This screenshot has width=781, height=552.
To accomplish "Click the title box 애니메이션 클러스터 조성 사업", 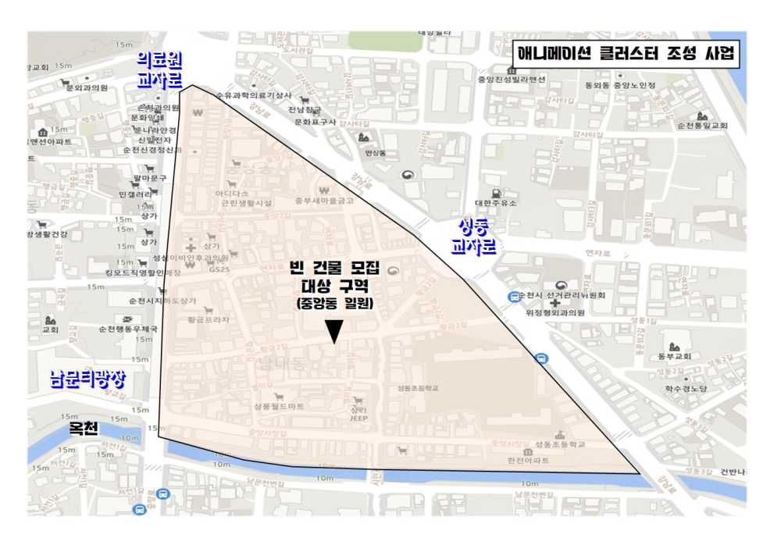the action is pos(624,54).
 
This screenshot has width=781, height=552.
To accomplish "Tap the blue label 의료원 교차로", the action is pos(159,69).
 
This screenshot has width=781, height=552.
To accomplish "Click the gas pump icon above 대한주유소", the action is pos(494,192).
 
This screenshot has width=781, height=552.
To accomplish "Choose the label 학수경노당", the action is pos(685,388).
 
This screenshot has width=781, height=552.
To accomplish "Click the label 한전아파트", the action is pos(527,461).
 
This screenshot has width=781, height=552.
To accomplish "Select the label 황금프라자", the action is pos(208,319).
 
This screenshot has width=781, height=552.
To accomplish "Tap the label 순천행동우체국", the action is pos(128,329).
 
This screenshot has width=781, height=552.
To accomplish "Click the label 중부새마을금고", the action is pos(324,201).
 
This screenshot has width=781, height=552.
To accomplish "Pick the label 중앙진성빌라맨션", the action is pos(511,79).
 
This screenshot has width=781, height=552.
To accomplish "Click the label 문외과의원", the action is pos(86,88).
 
